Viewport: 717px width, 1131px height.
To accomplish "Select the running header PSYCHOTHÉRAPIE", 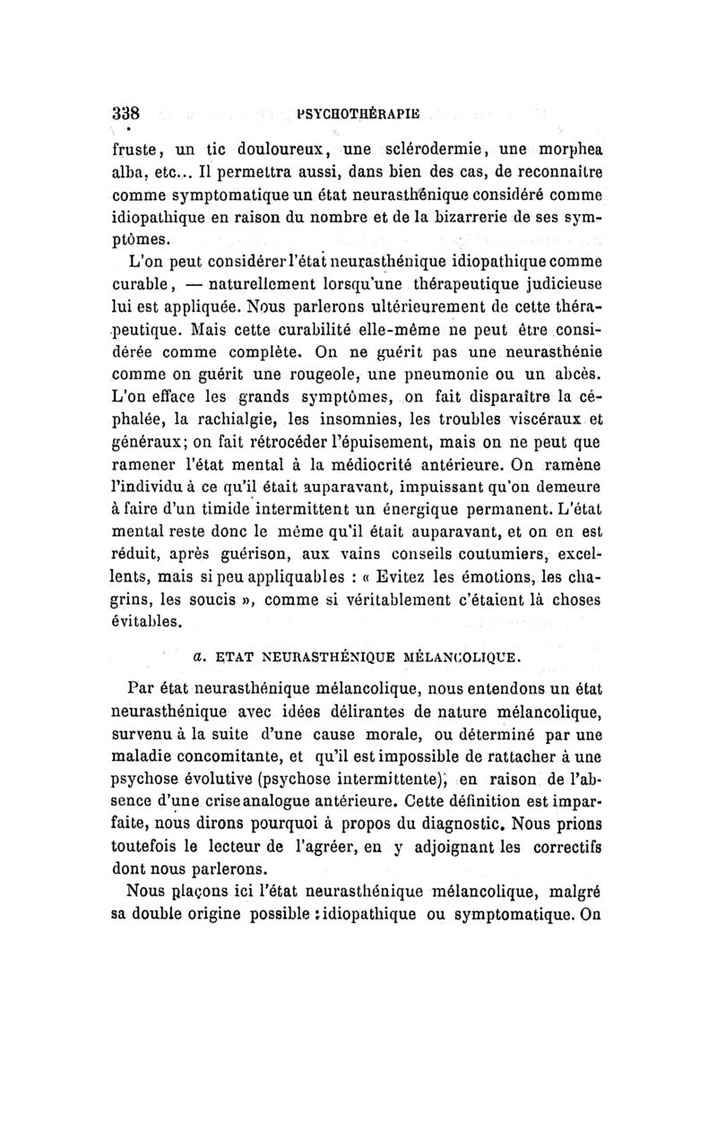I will pos(367,116).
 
